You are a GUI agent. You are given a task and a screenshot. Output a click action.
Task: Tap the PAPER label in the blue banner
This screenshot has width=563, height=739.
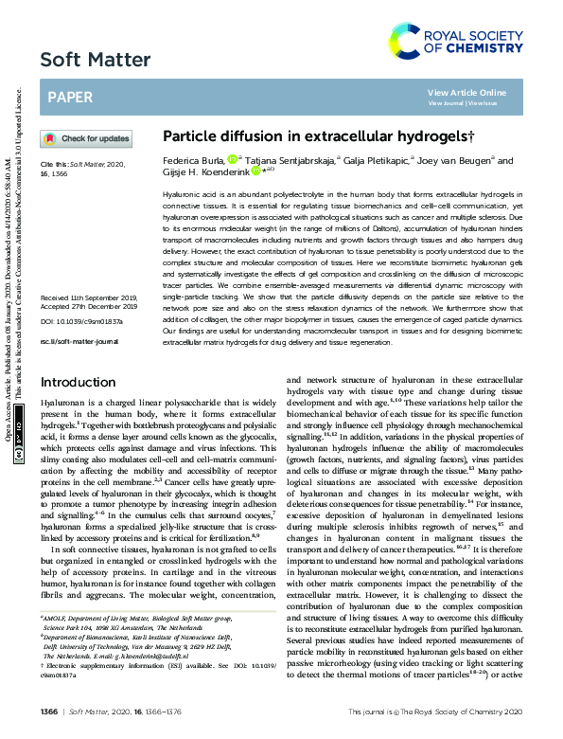(x=70, y=97)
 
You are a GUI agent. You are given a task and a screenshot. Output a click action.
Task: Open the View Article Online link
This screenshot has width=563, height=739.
(x=466, y=92)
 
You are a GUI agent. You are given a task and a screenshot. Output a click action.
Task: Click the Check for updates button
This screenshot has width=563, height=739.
(x=86, y=138)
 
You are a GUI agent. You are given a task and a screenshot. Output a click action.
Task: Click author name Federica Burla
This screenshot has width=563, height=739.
(x=195, y=161)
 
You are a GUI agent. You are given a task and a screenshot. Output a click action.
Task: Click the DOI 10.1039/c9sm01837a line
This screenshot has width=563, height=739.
(x=81, y=269)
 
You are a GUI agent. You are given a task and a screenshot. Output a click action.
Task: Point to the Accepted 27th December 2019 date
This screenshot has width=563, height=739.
(x=89, y=254)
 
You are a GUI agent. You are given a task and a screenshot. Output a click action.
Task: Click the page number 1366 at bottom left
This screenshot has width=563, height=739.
(x=50, y=712)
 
